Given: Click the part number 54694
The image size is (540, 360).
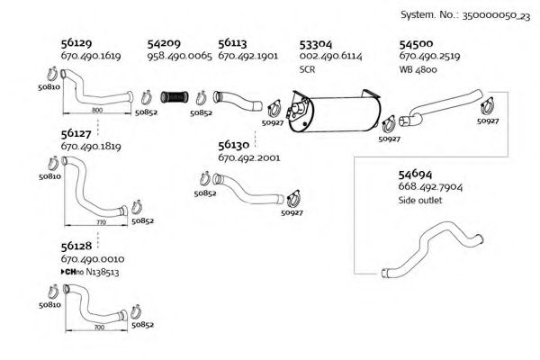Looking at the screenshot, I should click(415, 174).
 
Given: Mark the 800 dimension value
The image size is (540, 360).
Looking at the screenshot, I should click(97, 109).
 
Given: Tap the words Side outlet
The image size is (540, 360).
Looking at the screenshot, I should click(419, 201).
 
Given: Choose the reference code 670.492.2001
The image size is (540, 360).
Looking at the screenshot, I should click(249, 157).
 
